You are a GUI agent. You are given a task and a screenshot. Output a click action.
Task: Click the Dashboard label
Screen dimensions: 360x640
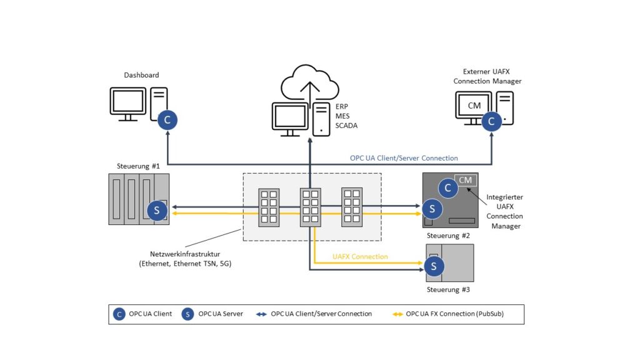pos(141,75)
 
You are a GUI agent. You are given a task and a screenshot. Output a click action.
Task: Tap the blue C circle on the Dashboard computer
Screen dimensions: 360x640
pos(167,120)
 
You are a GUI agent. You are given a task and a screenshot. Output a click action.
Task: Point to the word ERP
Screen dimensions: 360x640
pos(342,107)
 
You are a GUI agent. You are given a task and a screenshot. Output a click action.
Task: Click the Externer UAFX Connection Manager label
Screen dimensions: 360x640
pos(487,76)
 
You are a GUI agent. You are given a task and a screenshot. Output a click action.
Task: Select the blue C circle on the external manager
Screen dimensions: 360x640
pos(491,121)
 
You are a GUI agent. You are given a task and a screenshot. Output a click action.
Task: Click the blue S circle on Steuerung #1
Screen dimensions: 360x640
pos(156,211)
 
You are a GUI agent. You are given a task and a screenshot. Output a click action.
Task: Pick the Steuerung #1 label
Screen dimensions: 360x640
pos(138,166)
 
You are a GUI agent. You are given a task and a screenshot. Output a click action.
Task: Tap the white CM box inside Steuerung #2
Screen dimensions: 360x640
pos(466,180)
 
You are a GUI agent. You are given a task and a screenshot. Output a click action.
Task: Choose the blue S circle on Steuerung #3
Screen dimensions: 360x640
pos(433,266)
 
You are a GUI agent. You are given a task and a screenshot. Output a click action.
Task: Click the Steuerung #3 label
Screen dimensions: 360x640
pos(448,290)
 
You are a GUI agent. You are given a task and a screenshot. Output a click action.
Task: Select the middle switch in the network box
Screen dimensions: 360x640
pos(310,207)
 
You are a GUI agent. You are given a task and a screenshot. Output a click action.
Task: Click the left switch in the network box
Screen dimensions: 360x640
pos(269,207)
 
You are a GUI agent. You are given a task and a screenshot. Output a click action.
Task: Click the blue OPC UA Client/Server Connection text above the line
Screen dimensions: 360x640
pos(404,158)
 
